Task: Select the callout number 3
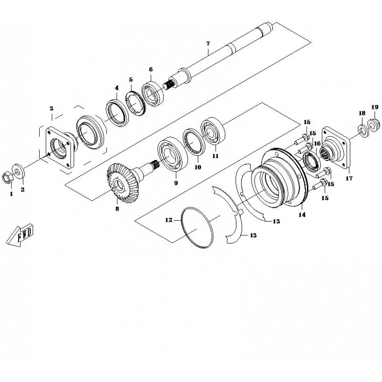52,108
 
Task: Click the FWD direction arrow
20,235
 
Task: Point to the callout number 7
208,44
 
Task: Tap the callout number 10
198,167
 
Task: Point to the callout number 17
349,178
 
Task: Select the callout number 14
302,214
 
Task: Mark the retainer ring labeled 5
136,104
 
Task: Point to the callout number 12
169,220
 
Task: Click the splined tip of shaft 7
169,85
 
